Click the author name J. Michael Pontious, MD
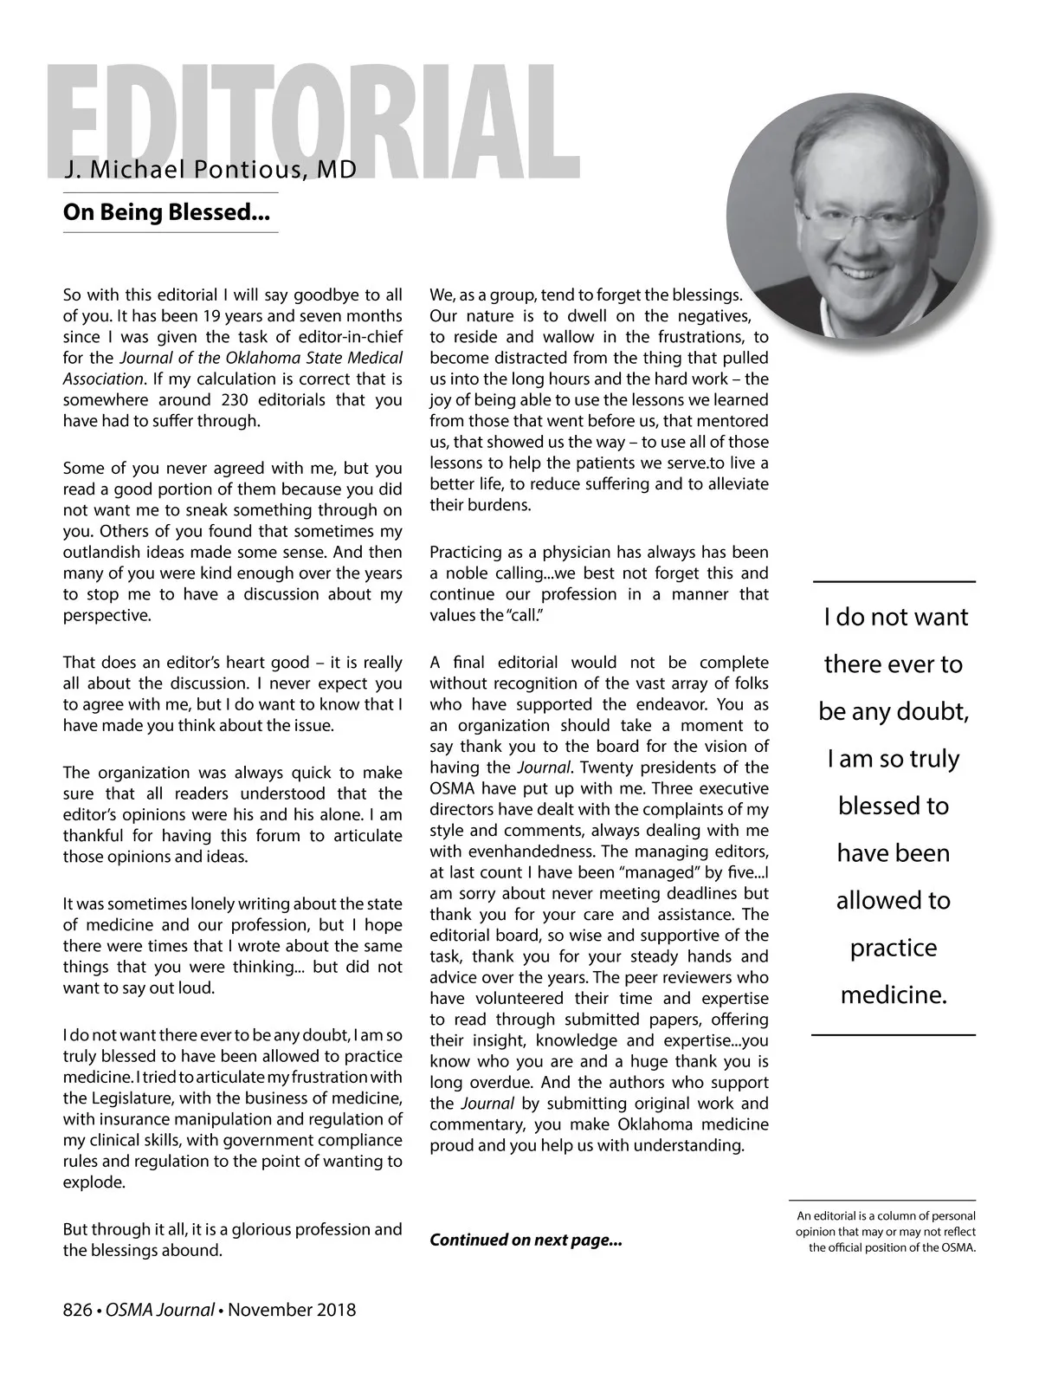pyautogui.click(x=210, y=170)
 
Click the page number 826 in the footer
pyautogui.click(x=77, y=1310)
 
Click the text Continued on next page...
pyautogui.click(x=526, y=1240)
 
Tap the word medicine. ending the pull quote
pyautogui.click(x=894, y=995)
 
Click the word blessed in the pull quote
pyautogui.click(x=894, y=806)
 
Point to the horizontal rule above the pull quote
pyautogui.click(x=894, y=581)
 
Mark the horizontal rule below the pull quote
pyautogui.click(x=894, y=1034)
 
